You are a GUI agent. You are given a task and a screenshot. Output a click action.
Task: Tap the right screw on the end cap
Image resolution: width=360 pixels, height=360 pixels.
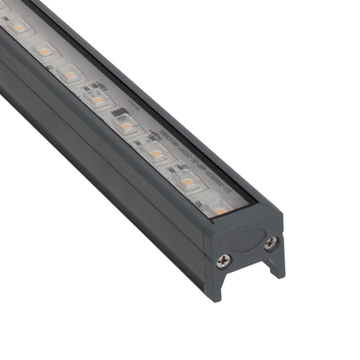pyautogui.click(x=269, y=240)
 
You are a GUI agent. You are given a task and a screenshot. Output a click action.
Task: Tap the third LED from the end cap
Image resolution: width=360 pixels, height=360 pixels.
pyautogui.click(x=156, y=154)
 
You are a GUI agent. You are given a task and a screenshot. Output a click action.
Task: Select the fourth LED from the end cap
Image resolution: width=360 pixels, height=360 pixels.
pyautogui.click(x=126, y=126)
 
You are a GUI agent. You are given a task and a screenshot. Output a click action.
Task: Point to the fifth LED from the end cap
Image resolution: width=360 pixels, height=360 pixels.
pyautogui.click(x=98, y=100)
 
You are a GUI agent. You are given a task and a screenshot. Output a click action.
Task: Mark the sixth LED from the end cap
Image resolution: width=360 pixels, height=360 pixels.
pyautogui.click(x=70, y=76)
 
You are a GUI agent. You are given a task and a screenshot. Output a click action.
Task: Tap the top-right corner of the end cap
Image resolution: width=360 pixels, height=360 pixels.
pyautogui.click(x=282, y=216)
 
